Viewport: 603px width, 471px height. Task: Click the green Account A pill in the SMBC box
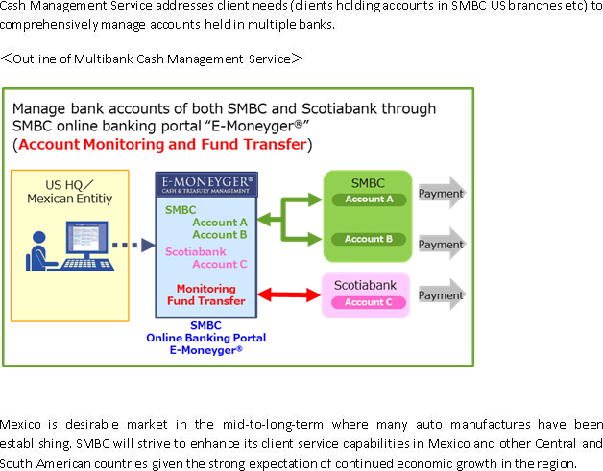pos(369,200)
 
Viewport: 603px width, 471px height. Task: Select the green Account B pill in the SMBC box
pos(369,239)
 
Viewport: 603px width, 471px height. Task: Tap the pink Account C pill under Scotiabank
pos(369,302)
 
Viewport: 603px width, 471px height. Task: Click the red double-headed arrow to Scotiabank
pos(289,295)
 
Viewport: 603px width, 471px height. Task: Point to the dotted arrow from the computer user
pos(133,245)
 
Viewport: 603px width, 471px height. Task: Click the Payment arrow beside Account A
pos(442,193)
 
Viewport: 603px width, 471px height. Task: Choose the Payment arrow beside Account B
pos(442,244)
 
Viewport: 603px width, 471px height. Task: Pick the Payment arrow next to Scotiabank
pos(442,295)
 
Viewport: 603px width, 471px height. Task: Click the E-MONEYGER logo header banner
pos(206,184)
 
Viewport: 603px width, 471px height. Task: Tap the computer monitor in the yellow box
pos(87,239)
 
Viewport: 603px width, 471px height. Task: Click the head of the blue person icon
pos(38,238)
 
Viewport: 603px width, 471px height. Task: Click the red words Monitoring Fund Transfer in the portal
pos(206,294)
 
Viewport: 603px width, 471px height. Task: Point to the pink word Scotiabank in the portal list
pos(195,251)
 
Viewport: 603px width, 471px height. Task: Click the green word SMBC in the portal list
pos(181,210)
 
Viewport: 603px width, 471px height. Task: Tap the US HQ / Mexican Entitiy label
pos(69,192)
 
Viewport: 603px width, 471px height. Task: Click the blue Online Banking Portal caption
pos(205,338)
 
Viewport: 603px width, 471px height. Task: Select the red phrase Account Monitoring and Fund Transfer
pos(162,145)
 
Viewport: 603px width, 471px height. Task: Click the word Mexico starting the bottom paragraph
pos(20,424)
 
